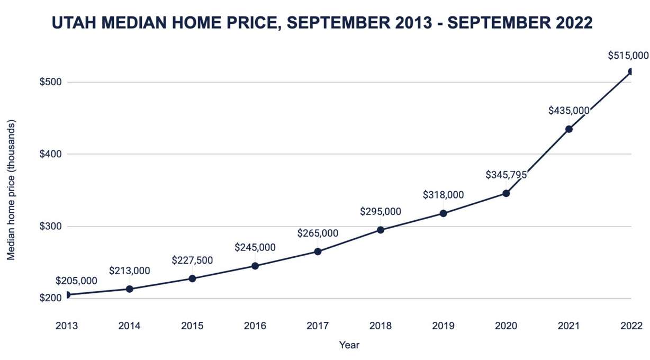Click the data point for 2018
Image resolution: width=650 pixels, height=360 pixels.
(x=381, y=230)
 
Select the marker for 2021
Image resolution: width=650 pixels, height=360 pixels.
(x=569, y=129)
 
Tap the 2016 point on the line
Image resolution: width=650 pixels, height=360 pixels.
(x=255, y=266)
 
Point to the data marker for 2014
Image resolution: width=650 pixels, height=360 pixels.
(x=129, y=289)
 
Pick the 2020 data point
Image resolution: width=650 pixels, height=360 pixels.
(x=506, y=193)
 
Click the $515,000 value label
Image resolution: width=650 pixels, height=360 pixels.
(x=628, y=55)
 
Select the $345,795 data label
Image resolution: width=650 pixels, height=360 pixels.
(x=506, y=175)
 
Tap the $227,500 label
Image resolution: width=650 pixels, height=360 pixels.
(x=192, y=260)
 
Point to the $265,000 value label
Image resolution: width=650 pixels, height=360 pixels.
(x=318, y=233)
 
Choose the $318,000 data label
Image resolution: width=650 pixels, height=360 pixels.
(x=443, y=195)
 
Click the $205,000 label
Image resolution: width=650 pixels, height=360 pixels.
(x=76, y=281)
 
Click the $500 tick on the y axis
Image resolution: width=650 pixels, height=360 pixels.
(x=50, y=82)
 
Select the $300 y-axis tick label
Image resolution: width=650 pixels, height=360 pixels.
(x=50, y=227)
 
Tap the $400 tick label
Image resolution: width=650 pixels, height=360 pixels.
(x=50, y=154)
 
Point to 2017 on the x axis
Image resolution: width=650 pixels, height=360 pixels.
(x=318, y=326)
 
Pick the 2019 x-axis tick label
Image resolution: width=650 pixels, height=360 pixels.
(x=443, y=326)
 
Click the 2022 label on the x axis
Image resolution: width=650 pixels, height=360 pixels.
(x=631, y=326)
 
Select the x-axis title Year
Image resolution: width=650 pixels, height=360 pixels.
(x=349, y=345)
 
